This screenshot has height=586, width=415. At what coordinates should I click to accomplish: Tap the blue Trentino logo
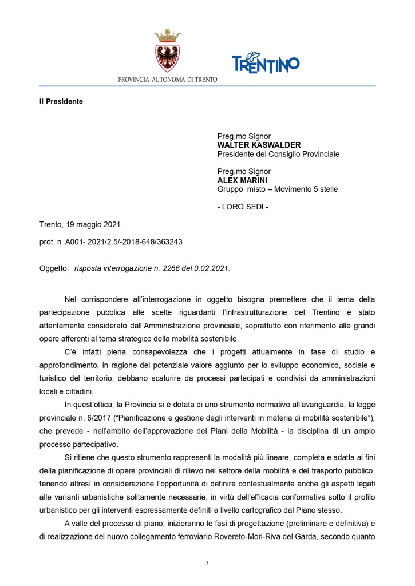click(x=266, y=63)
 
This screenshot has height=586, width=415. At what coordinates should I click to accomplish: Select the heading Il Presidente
click(x=57, y=101)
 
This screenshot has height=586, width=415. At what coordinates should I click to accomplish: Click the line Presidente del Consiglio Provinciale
click(x=278, y=154)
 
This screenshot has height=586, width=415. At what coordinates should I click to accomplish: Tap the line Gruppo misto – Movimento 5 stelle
click(x=277, y=189)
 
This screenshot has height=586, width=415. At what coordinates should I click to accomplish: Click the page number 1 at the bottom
click(x=207, y=564)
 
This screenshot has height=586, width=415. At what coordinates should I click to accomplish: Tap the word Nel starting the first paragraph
click(x=71, y=299)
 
